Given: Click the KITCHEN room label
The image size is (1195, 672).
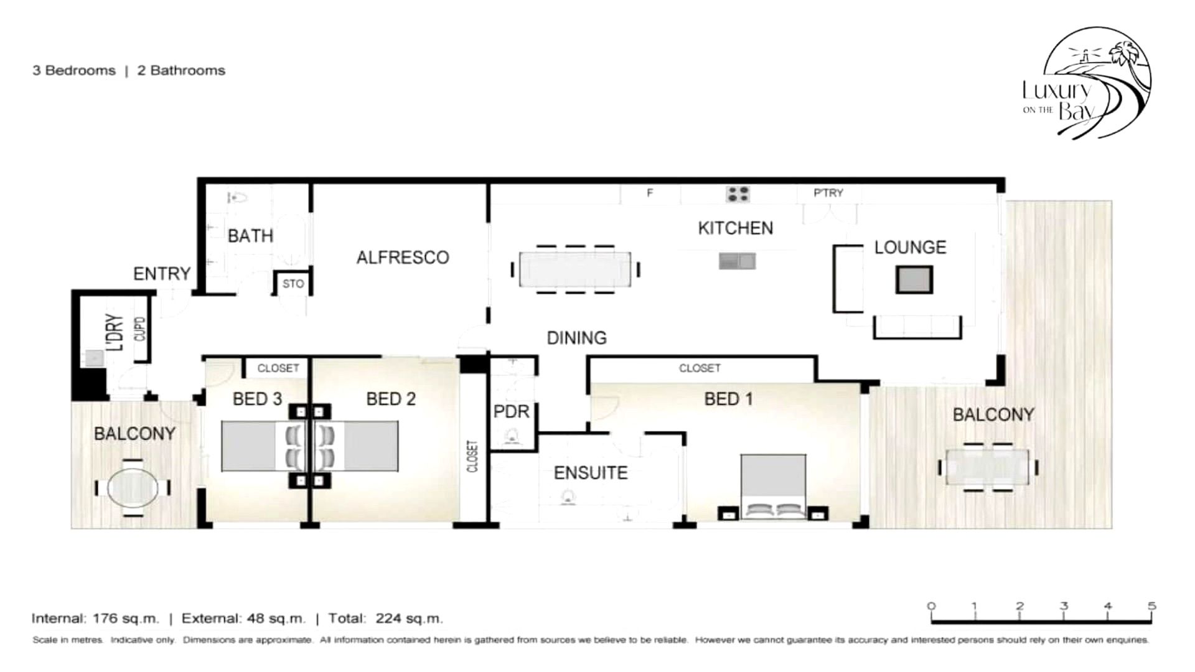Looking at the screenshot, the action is coord(735,228).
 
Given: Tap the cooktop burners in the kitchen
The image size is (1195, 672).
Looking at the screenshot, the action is coord(738,194).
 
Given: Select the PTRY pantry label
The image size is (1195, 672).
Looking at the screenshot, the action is coord(828,193).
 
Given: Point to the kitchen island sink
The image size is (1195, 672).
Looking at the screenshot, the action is coord(738,261).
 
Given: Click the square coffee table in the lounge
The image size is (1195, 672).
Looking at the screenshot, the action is coord(914,279).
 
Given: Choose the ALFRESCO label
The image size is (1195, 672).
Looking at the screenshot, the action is coord(403,258).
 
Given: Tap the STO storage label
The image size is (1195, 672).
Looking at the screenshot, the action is coord(293,284).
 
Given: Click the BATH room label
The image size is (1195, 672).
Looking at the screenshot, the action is coord(250,236).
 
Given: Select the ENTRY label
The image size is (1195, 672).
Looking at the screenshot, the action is coord(162,274).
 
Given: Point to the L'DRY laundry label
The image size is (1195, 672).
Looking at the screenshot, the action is coord(115,333).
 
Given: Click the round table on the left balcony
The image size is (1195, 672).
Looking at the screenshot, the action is coord(133,488).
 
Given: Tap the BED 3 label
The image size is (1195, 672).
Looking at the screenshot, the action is coord(258,399).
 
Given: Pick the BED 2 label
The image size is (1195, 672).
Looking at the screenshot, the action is coord(391,399).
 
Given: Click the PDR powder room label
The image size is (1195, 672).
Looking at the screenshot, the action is coord(511,411).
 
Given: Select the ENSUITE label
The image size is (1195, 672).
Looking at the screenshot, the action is coord(591,473).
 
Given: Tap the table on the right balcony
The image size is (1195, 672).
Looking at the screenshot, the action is coord(988,467).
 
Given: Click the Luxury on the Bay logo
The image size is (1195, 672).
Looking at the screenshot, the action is coord(1087,83).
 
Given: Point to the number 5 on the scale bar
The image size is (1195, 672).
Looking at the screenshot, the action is coord(1152,605).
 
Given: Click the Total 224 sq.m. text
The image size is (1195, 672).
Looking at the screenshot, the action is coord(386,618).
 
